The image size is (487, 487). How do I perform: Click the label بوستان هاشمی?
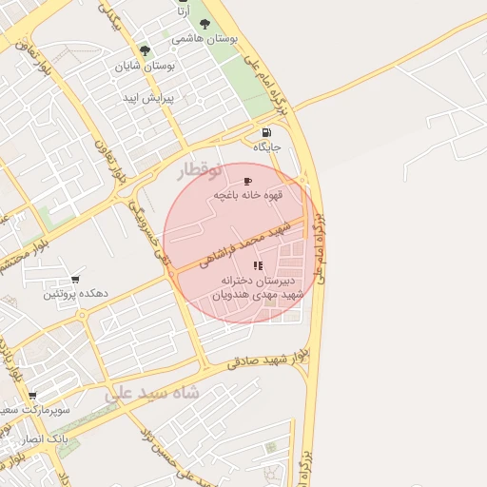205,40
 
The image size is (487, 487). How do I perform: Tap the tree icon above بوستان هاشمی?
206,25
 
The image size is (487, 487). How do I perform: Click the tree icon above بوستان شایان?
145,50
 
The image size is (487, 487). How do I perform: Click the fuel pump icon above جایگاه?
265,132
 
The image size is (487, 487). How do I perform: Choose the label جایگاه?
267,147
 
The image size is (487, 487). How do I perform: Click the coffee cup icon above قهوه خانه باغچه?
248,181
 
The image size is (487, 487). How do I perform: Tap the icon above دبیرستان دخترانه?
259,263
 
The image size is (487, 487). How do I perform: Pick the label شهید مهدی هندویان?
259,295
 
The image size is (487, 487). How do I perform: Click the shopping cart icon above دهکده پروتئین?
74,280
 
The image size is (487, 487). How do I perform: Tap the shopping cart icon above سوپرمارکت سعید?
32,396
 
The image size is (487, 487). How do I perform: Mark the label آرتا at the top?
183,10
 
